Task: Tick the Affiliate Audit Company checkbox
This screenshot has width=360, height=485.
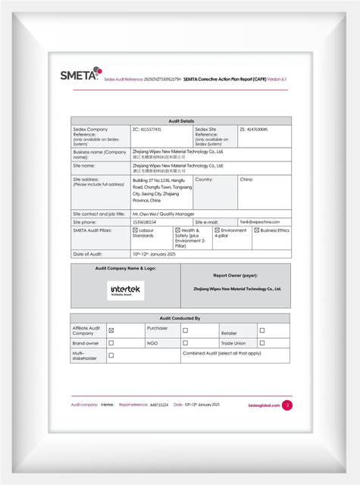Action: point(111,330)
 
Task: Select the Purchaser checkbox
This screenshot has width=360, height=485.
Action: point(186,330)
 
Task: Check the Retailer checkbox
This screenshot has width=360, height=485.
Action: point(262,330)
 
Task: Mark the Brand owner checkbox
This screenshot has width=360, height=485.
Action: point(111,343)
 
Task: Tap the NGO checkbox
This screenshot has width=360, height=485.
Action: point(186,343)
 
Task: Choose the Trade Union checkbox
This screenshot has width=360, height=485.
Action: point(262,343)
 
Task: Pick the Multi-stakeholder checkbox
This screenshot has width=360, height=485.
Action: point(111,355)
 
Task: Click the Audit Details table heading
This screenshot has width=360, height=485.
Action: point(180,121)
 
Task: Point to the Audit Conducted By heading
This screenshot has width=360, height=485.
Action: point(180,318)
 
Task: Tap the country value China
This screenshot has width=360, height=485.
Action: point(246,180)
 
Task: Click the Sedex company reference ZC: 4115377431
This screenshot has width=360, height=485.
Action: point(147,130)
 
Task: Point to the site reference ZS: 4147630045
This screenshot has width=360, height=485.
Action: point(253,130)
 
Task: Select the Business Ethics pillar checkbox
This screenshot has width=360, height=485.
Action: point(257,230)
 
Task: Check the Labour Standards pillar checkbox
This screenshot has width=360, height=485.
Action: point(135,230)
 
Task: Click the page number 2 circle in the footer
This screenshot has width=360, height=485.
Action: point(287,405)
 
